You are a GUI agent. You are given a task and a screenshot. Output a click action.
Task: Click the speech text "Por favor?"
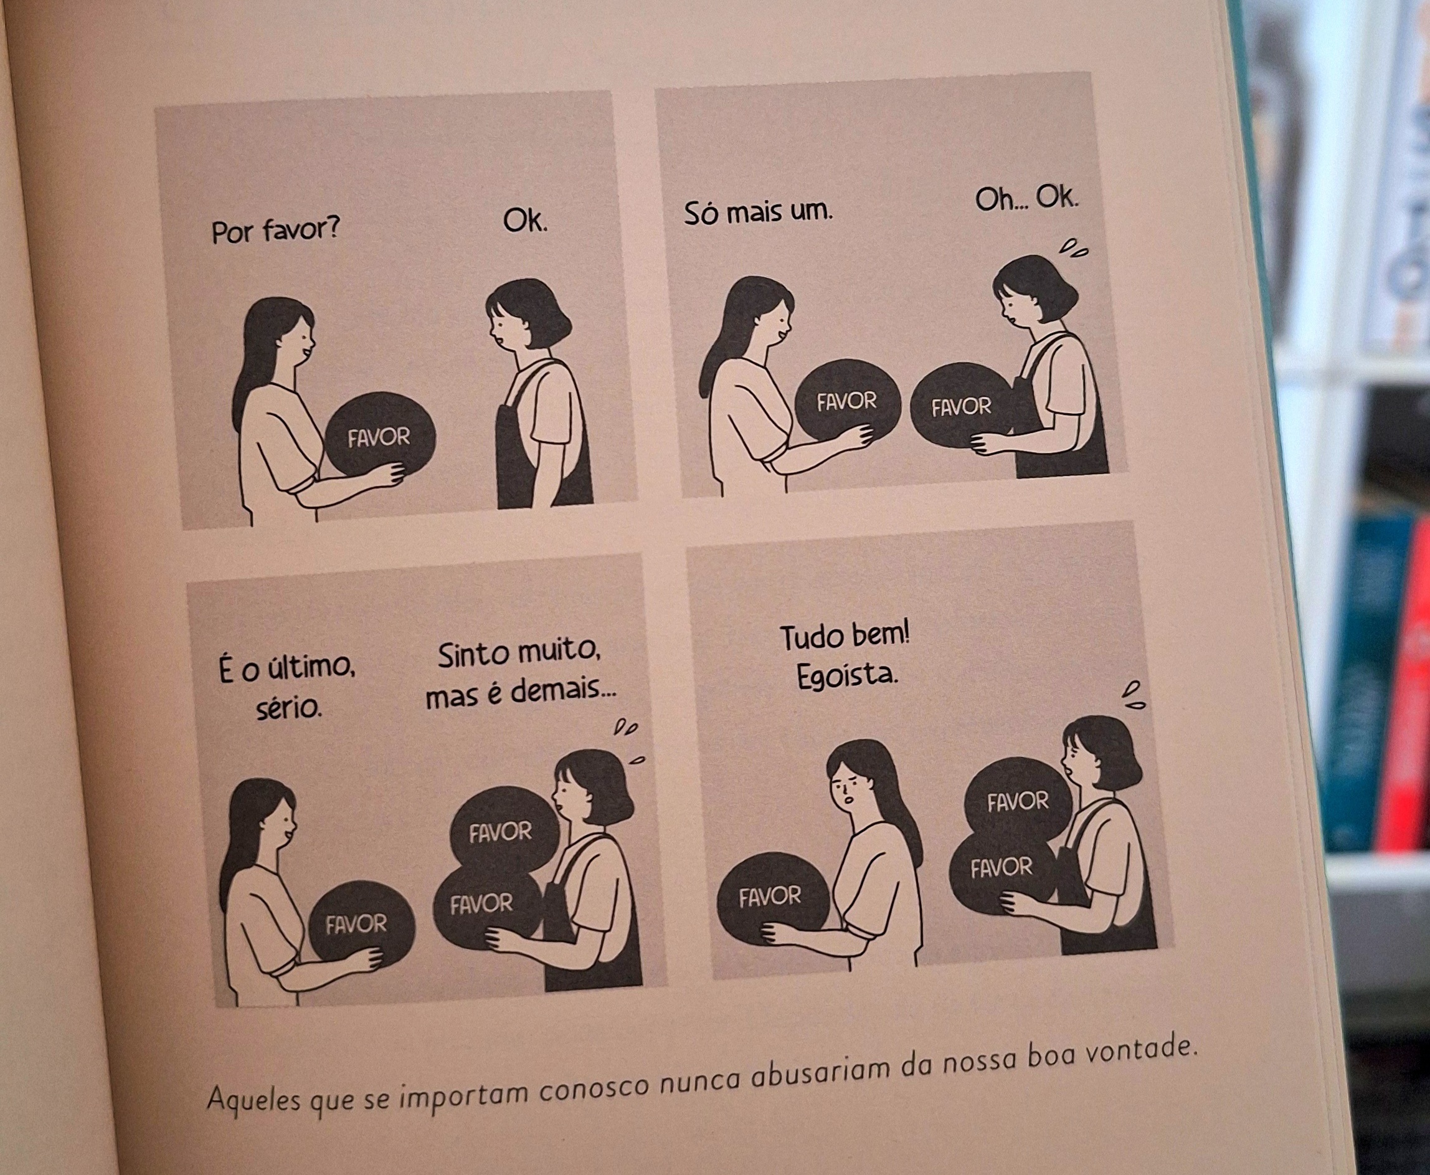coord(275,230)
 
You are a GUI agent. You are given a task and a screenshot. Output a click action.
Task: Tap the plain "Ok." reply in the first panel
coord(525,220)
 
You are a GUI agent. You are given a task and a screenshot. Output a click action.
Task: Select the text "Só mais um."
coord(759,211)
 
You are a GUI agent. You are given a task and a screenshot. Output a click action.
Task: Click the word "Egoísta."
coord(848,676)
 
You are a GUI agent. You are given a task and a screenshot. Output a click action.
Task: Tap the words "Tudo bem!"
coord(845,636)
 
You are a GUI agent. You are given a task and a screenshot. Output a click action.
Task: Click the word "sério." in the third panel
coord(289,708)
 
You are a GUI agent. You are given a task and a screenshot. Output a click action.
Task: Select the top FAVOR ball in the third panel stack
coord(504,830)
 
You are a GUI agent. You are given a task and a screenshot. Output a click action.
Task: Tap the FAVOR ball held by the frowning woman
coord(772,897)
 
